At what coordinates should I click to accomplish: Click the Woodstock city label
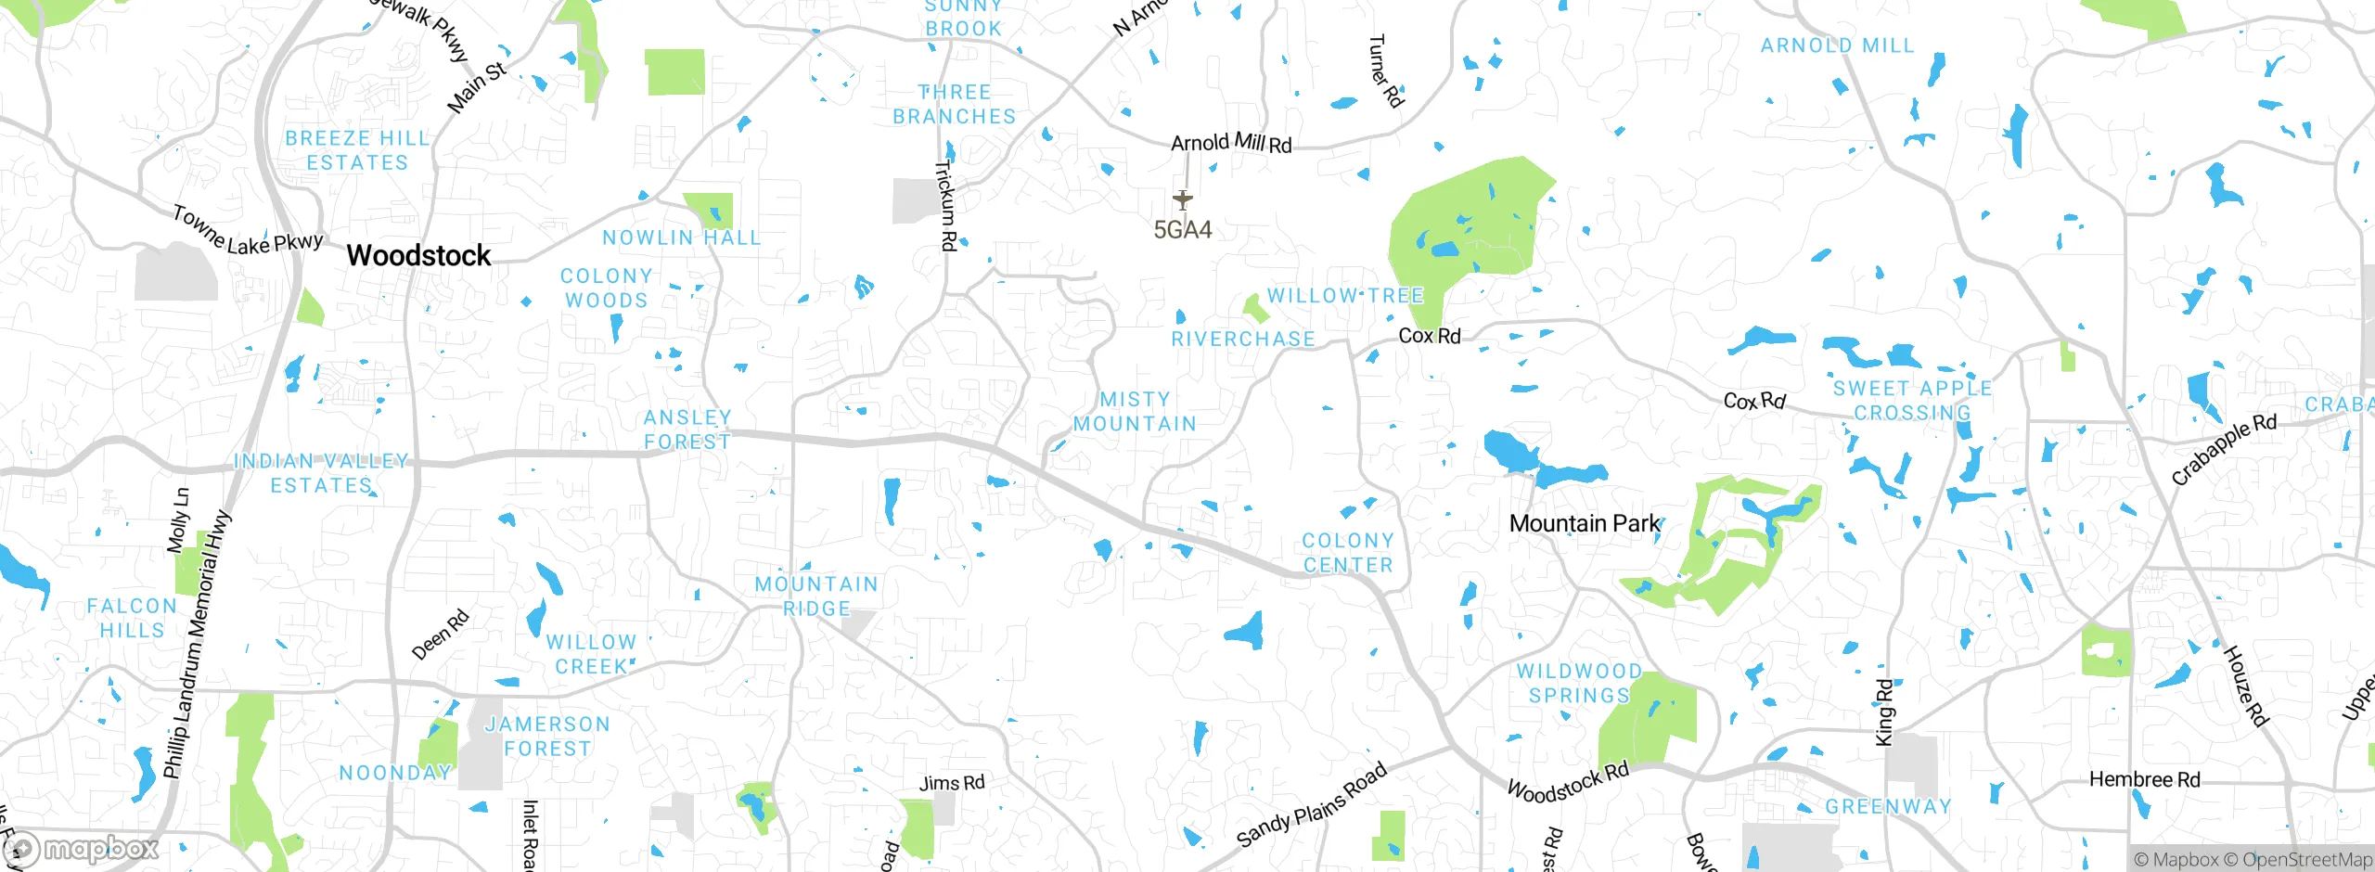pos(418,256)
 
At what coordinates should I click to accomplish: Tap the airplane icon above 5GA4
pos(1182,199)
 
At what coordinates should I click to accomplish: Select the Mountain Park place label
pos(1585,524)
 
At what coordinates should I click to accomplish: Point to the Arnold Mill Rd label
pos(1231,143)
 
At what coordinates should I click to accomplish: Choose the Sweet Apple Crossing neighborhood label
pos(1912,401)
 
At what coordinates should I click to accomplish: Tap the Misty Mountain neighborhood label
pos(1135,412)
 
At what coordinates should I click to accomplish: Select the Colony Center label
pos(1348,553)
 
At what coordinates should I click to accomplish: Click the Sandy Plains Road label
pos(1312,805)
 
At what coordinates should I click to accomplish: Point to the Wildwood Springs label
pos(1579,684)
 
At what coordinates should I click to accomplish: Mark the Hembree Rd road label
pos(2144,780)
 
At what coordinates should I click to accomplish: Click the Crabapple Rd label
pos(2224,449)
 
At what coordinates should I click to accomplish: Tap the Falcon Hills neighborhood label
pos(132,618)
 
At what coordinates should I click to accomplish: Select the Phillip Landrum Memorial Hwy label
pos(197,644)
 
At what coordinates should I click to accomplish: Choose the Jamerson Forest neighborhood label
pos(547,737)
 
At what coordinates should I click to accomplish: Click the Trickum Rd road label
pos(945,206)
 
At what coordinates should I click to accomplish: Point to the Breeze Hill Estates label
pos(357,150)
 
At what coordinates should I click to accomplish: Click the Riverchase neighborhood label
pos(1243,340)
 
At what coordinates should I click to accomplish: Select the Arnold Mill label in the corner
pos(1837,45)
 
